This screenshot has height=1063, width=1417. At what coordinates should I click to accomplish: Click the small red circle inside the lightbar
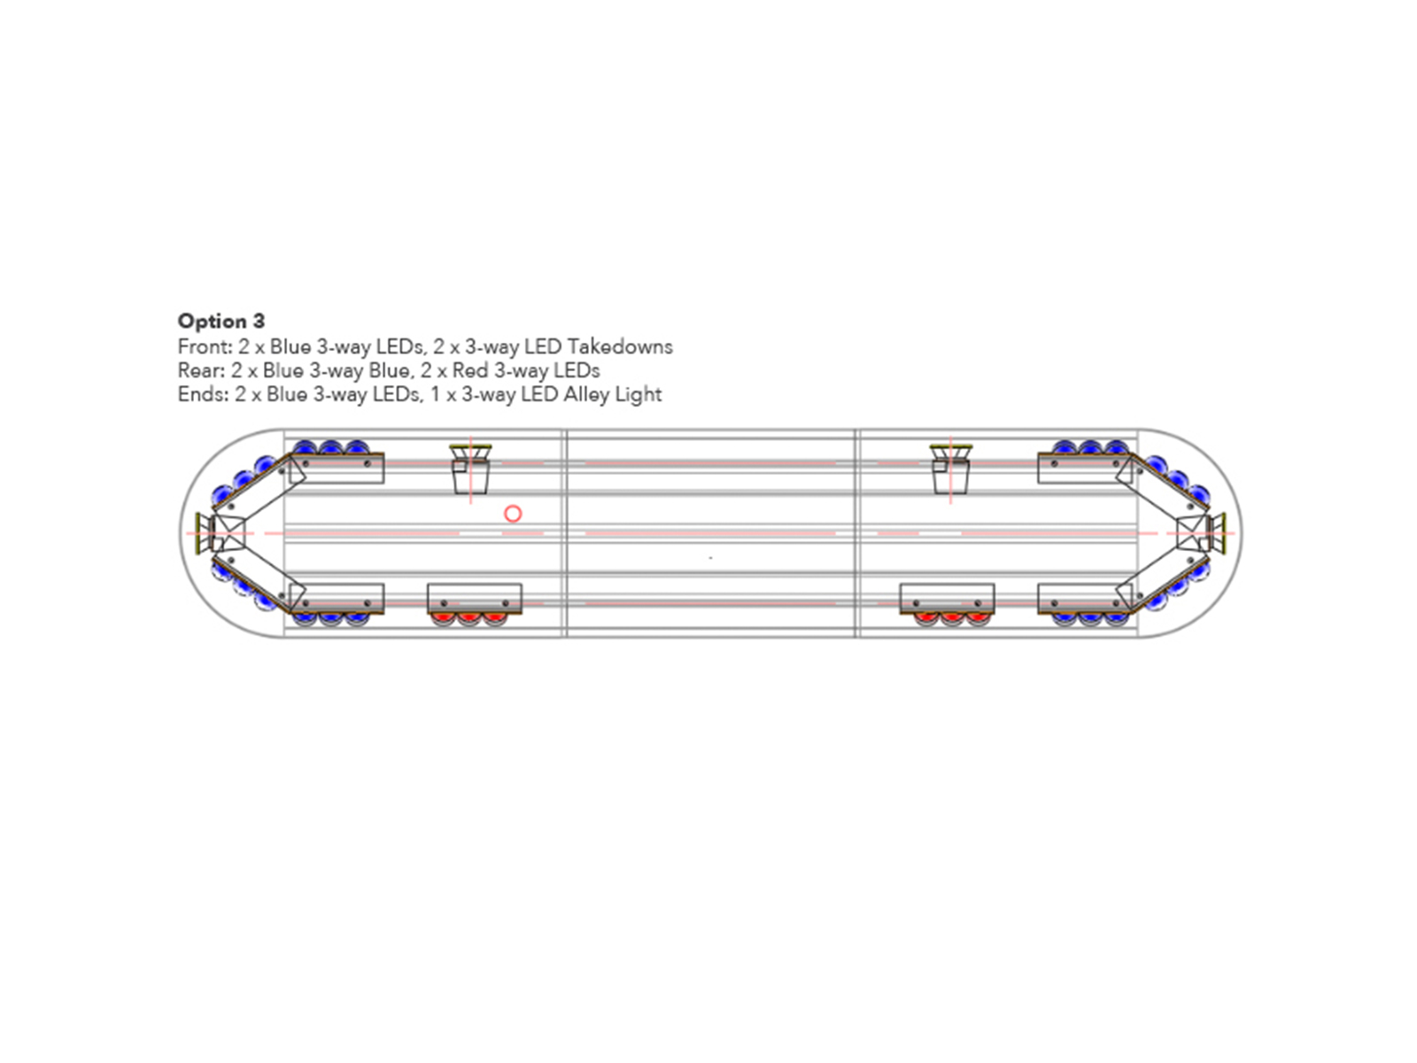pos(513,514)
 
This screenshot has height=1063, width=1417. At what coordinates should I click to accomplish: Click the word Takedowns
pos(620,346)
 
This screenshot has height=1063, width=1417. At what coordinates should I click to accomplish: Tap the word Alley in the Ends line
pos(585,394)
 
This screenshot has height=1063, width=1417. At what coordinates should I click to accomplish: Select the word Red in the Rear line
pos(470,370)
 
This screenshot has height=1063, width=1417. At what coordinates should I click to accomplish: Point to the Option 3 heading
pos(221,321)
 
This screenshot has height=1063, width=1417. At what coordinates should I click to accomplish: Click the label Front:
pos(205,346)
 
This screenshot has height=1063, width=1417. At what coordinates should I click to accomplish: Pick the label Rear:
pos(201,370)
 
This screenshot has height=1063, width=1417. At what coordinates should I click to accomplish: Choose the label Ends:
pos(204,394)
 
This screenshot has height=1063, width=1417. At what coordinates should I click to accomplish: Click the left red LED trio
pos(469,619)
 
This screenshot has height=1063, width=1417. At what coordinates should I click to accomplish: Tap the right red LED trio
pos(952,619)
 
